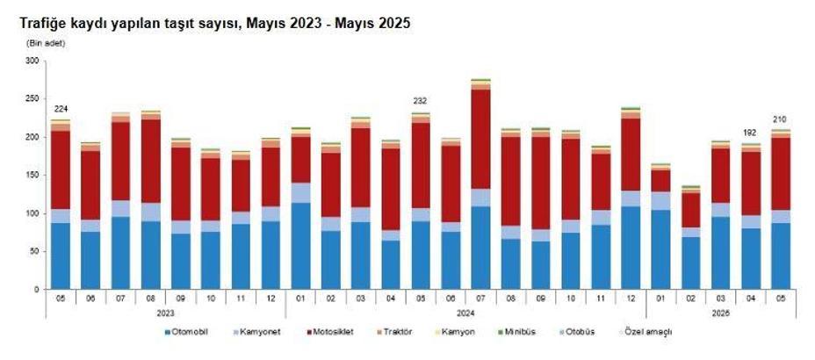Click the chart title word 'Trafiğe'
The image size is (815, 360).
(45, 24)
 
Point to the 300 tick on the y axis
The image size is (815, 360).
(32, 61)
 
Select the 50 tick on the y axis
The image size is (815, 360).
(35, 251)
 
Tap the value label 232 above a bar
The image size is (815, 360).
(421, 101)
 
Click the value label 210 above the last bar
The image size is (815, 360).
(780, 119)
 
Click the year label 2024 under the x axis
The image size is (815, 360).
(466, 311)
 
